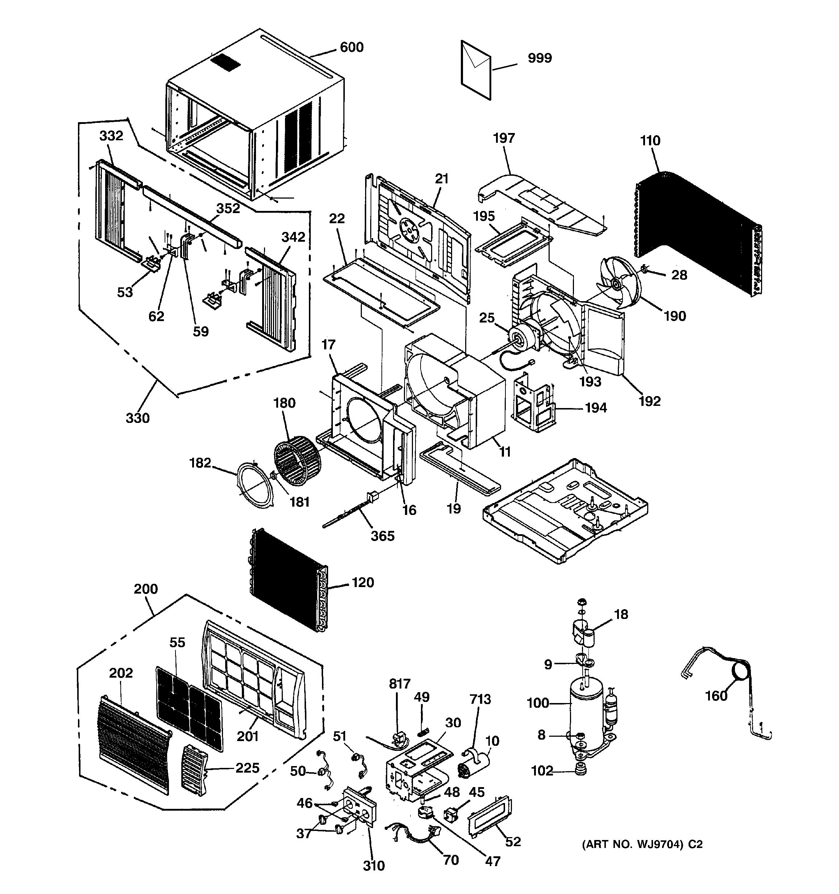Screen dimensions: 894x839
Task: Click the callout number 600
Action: pyautogui.click(x=351, y=47)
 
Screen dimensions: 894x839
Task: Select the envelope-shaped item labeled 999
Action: pyautogui.click(x=475, y=70)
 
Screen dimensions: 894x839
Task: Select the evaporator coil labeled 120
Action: pyautogui.click(x=288, y=581)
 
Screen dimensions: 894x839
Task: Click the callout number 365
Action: pyautogui.click(x=383, y=536)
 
